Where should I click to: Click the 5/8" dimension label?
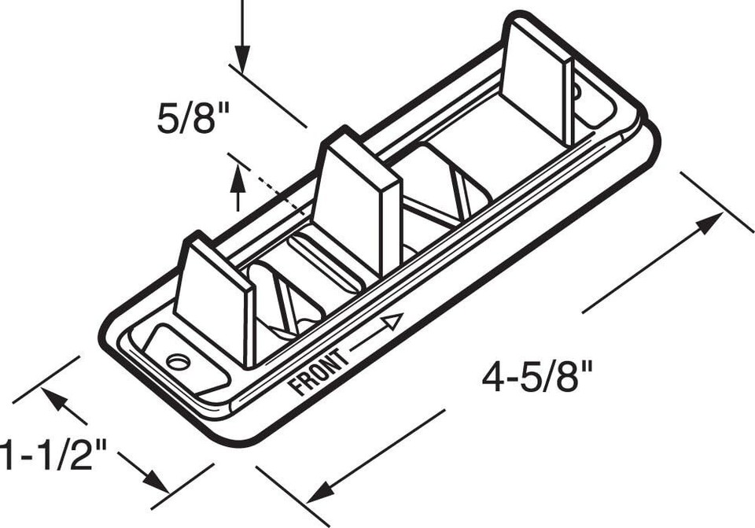pos(192,120)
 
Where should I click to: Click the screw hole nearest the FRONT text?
pos(179,362)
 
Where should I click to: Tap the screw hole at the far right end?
pos(576,92)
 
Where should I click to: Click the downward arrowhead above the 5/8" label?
pos(241,59)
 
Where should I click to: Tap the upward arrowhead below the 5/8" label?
pos(238,183)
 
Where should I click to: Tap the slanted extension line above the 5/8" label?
pos(267,94)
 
